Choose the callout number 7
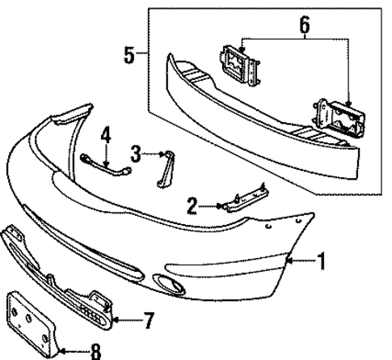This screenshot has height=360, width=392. pyautogui.click(x=148, y=320)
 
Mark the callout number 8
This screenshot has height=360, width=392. pyautogui.click(x=96, y=351)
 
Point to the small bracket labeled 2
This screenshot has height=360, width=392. pyautogui.click(x=242, y=198)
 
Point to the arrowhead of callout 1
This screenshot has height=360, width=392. pyautogui.click(x=288, y=260)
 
